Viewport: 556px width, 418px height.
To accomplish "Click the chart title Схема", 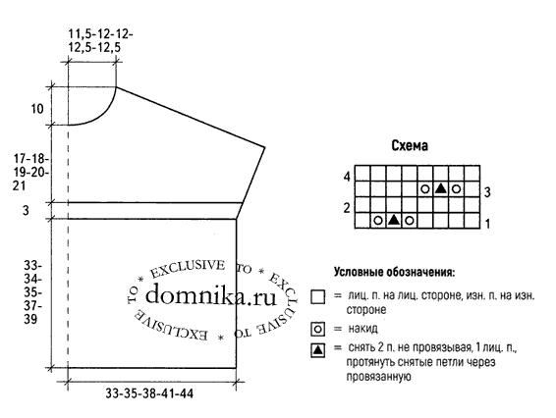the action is coord(410,145).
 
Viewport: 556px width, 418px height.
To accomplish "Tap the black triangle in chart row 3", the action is coord(441,188).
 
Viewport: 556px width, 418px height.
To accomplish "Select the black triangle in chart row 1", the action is coord(394,220).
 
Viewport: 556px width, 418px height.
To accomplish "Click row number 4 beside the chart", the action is coord(347,176).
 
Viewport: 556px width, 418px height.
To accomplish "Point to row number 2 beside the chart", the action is coord(347,208).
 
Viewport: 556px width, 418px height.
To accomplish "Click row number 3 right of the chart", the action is coord(487,192).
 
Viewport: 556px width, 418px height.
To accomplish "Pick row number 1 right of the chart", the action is coord(487,224).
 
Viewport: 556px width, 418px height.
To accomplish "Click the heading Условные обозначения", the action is coord(394,273).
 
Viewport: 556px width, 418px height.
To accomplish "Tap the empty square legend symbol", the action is coord(317,297).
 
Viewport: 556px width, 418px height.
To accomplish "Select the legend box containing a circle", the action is coord(317,330).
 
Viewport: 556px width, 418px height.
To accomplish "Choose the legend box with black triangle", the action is coord(317,350).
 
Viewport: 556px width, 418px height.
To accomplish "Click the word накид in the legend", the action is coord(362,329).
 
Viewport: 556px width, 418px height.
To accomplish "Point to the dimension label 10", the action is coord(37,108).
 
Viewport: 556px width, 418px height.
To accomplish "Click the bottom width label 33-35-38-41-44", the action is coord(149,393).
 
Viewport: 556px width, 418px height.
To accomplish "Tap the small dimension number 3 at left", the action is coord(26,210).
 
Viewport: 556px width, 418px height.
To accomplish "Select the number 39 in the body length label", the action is coord(30,319).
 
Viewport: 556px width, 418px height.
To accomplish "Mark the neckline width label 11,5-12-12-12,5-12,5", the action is coord(100,41).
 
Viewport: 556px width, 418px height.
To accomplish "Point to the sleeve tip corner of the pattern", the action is coord(265,146).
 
